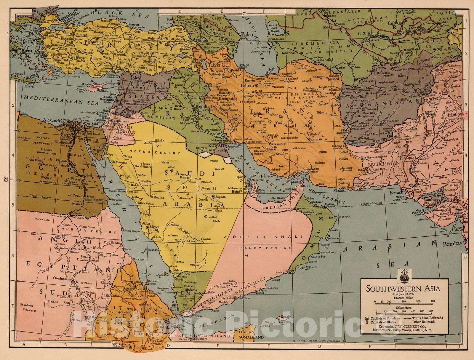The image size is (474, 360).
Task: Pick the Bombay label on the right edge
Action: point(452,244)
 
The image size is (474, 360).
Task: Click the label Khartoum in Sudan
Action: point(86,283)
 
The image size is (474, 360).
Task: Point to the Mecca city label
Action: point(156,227)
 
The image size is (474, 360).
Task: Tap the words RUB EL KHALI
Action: point(268,236)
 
